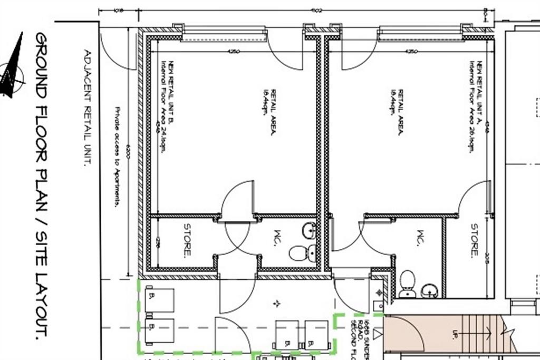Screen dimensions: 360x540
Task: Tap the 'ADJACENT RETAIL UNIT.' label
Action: click(87, 108)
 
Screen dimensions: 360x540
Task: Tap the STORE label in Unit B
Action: click(187, 240)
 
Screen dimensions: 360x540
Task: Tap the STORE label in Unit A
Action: click(474, 240)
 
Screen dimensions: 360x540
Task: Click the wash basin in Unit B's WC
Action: click(310, 230)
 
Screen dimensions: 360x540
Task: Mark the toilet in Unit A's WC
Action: click(407, 284)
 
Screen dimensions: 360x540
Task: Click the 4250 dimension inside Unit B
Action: click(235, 52)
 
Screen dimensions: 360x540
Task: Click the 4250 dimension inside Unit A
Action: click(411, 52)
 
